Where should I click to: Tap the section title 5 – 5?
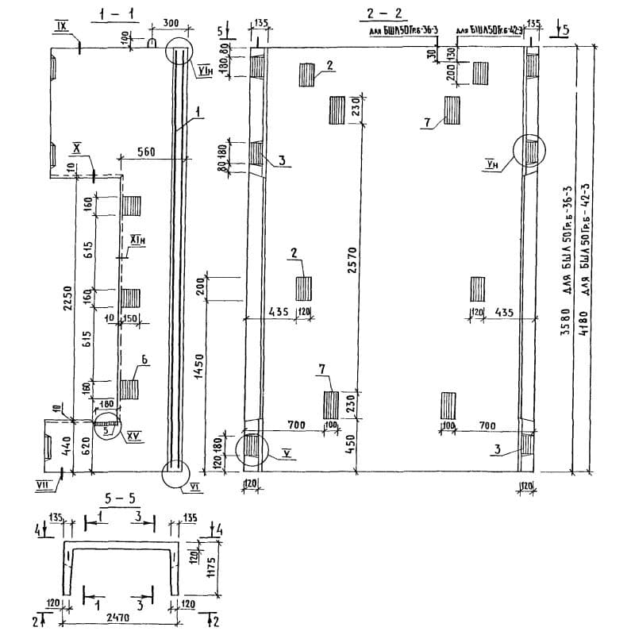coord(121,499)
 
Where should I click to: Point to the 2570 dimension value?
coord(354,262)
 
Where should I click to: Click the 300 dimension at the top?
coord(170,24)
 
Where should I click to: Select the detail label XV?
coord(133,438)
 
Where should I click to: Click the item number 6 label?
coord(145,360)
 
